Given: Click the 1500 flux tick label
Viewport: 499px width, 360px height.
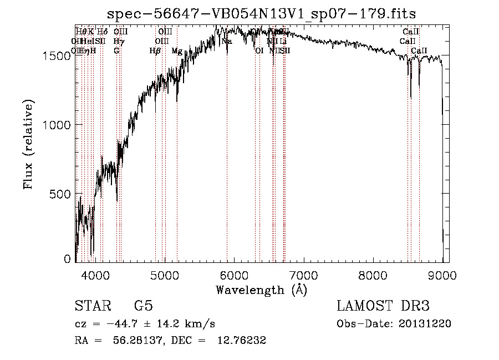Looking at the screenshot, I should tap(57, 56).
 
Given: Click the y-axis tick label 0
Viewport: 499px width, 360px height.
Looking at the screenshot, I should tap(67, 259).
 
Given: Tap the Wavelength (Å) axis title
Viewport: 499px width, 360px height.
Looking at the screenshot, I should tap(261, 290).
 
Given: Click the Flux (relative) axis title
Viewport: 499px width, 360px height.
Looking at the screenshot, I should tap(29, 144).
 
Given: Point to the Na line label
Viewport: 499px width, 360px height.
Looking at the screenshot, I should tap(226, 42).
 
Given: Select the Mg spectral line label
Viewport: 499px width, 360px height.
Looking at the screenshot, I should tap(176, 51).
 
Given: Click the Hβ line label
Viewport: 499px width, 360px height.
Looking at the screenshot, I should tap(155, 51).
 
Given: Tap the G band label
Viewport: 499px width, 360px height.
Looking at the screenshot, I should tap(116, 51).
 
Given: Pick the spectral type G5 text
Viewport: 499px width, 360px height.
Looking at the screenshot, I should tap(143, 306).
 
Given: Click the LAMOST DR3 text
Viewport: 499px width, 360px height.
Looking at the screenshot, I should tap(383, 306).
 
